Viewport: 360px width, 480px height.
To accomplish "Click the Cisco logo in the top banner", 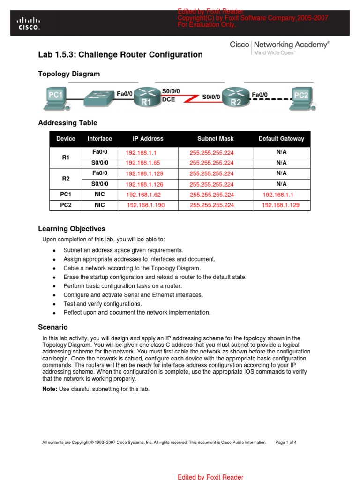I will coord(29,23).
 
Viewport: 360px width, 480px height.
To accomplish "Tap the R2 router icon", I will coord(236,97).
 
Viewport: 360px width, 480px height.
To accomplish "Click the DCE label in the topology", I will coord(168,100).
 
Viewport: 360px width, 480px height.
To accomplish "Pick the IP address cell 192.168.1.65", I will coord(142,163).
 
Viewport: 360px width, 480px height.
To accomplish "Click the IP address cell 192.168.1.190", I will coord(146,205).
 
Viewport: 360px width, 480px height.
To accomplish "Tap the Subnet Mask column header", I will coord(215,139).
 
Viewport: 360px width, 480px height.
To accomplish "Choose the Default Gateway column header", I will coord(281,139).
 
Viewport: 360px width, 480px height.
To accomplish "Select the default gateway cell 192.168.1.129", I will coord(280,205).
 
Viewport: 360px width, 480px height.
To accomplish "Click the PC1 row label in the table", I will coord(66,195).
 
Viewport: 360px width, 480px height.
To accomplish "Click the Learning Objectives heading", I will coord(71,229).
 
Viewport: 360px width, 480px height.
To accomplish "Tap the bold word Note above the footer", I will coord(50,389).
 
